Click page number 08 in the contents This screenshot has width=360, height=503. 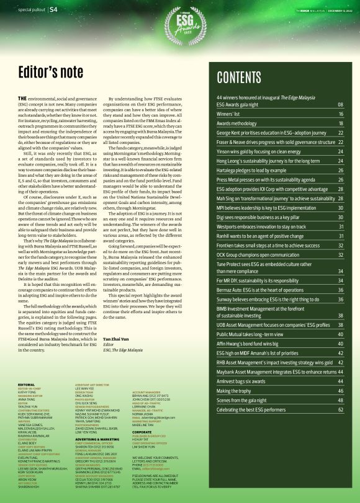341,105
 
